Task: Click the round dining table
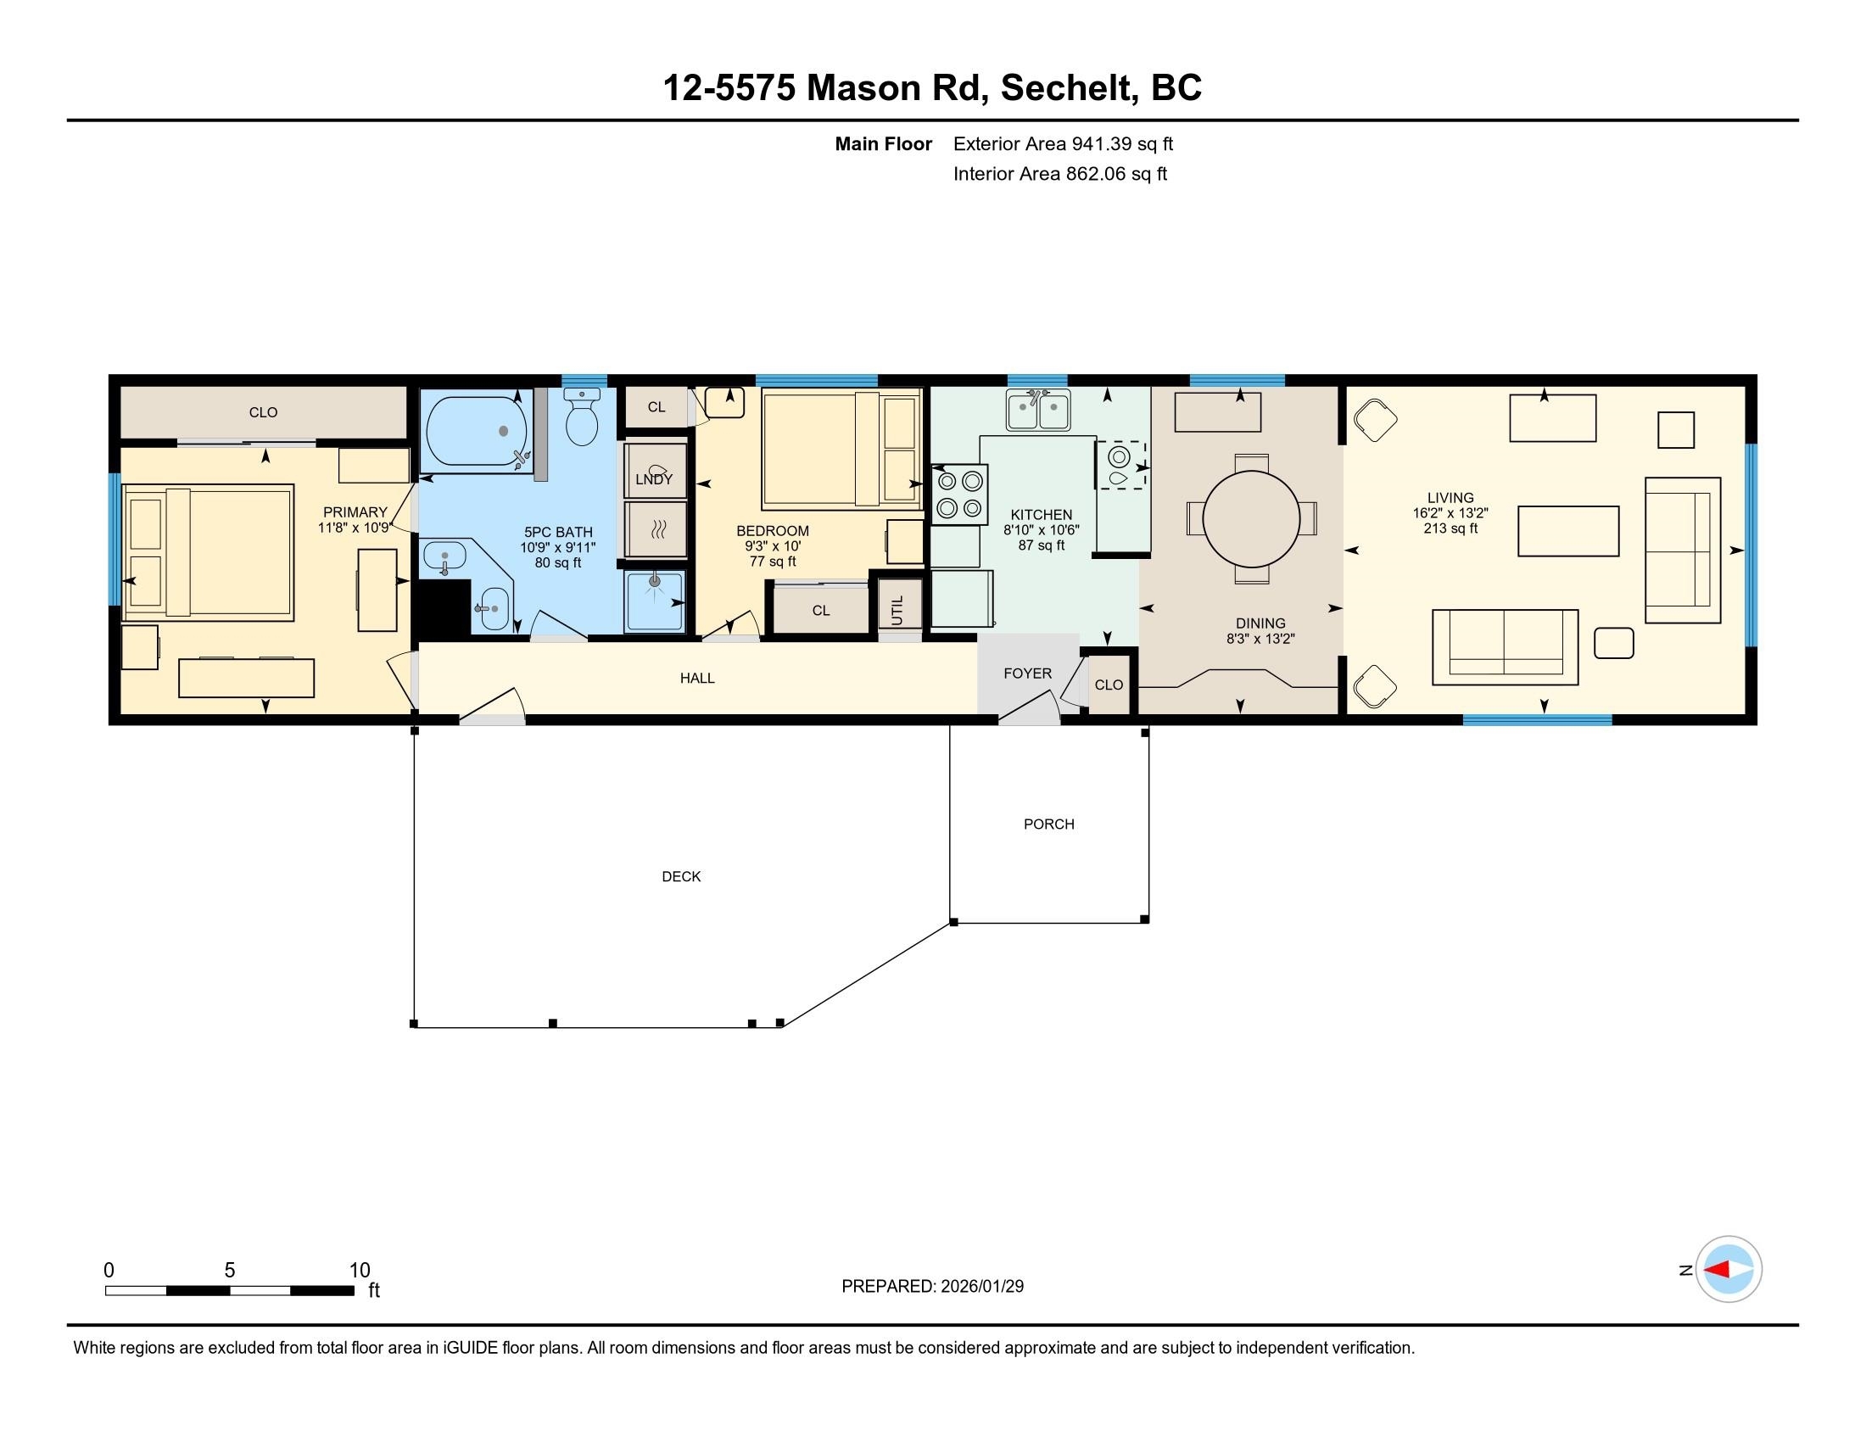tap(1251, 518)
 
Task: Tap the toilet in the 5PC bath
tap(582, 419)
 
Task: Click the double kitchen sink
tap(1038, 410)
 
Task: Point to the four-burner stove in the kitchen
tap(958, 494)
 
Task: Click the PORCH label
tap(1048, 824)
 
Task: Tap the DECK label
tap(681, 876)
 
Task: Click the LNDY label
tap(654, 479)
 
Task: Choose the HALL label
tap(697, 679)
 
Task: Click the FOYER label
tap(1027, 673)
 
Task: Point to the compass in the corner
tap(1728, 1270)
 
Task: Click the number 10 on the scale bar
tap(359, 1271)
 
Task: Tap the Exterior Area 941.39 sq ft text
tap(1062, 144)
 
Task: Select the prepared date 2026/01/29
tap(981, 1287)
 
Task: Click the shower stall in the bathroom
tap(656, 601)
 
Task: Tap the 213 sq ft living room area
tap(1450, 528)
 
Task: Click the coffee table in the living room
tap(1567, 531)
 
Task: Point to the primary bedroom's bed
tap(210, 552)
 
